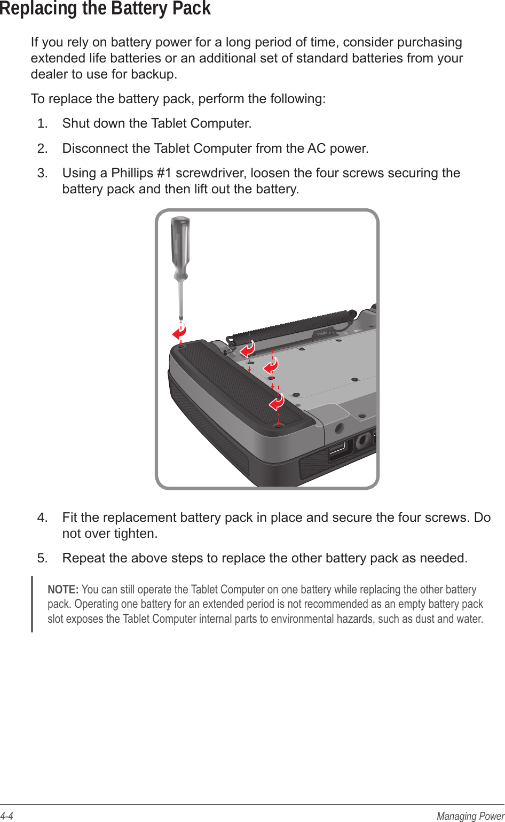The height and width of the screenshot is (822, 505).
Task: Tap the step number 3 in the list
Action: tap(42, 173)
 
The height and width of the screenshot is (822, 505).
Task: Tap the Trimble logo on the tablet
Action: tap(322, 333)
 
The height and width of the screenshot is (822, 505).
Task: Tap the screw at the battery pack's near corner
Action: tap(278, 426)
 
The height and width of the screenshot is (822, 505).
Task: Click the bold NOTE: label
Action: tap(63, 590)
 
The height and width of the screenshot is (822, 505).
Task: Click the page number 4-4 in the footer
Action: tap(6, 816)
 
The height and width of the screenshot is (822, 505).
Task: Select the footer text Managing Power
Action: tap(470, 816)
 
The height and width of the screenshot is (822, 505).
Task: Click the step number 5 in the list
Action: tap(42, 558)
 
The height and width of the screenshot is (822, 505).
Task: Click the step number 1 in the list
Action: tap(42, 123)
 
